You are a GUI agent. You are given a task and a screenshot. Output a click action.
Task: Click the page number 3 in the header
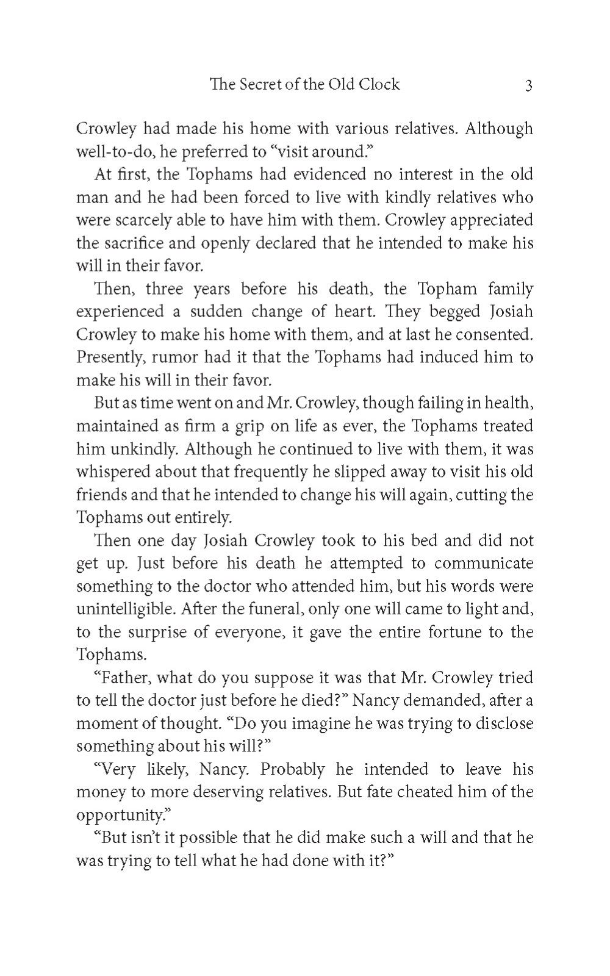pos(528,85)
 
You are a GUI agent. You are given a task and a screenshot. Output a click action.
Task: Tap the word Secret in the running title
pos(256,84)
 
